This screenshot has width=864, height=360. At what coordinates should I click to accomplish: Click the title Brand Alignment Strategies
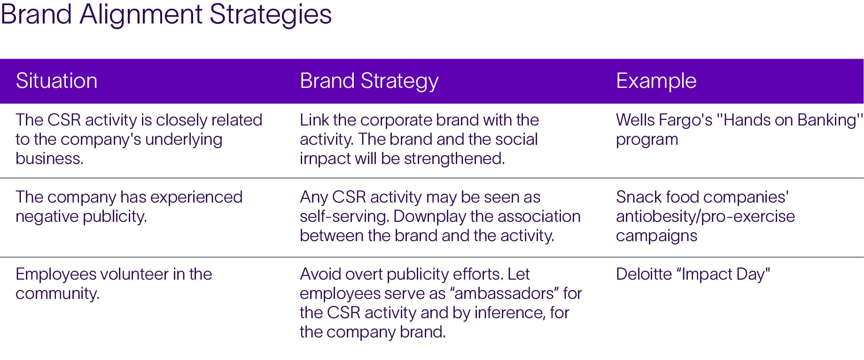[166, 15]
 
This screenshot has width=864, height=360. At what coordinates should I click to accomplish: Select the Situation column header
[56, 81]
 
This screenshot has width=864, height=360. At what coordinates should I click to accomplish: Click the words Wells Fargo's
[664, 120]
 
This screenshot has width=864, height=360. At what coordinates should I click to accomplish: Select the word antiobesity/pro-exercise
[706, 217]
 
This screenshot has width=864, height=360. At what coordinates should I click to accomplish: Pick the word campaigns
[657, 236]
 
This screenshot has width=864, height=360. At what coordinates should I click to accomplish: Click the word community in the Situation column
[57, 294]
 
